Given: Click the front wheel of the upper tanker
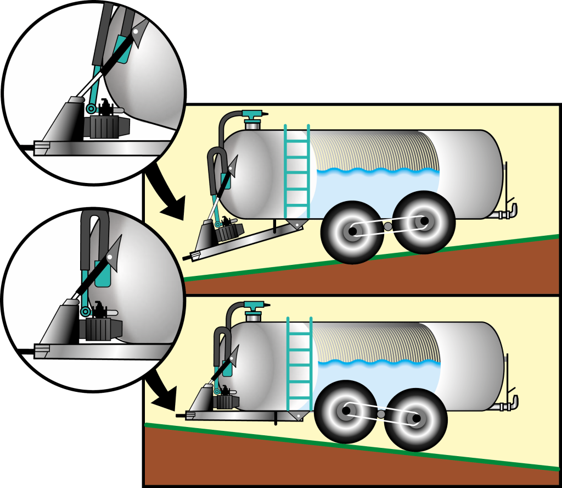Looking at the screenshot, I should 351,232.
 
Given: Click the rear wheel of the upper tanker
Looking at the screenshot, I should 424,221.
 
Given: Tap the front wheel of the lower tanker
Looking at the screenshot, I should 346,411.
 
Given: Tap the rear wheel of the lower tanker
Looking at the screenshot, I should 416,419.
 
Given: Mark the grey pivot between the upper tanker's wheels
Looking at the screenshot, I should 388,226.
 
